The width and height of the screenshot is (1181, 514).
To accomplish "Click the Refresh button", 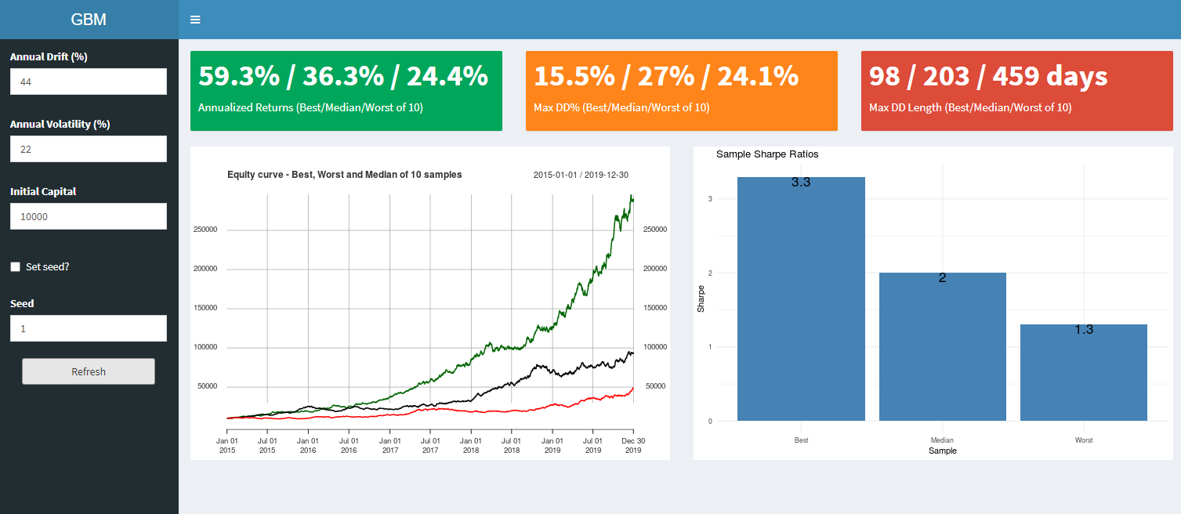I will (x=89, y=371).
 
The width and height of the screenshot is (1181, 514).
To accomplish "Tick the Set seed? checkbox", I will (x=16, y=267).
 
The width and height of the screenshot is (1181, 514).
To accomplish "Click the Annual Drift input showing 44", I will (x=89, y=81).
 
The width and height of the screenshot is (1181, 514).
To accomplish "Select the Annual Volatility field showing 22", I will (x=89, y=149).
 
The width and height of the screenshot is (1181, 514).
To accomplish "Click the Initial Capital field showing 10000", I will (x=89, y=216).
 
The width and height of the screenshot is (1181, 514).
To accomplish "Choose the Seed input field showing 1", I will (x=89, y=328).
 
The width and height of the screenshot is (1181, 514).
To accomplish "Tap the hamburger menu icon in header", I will (x=195, y=20).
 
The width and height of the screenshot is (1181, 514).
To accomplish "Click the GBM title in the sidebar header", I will (x=89, y=20).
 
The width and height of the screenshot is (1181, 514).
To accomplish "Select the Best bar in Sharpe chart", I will (x=801, y=306).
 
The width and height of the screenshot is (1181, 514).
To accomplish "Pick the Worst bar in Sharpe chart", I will (x=1084, y=376).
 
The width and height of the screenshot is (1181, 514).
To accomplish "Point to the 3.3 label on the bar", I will (x=801, y=183).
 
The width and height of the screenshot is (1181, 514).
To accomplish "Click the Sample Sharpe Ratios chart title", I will (x=767, y=154).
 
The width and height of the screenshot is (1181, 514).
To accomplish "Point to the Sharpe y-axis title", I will (x=701, y=299).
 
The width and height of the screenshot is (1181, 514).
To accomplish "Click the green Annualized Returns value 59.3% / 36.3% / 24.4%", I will (x=343, y=76).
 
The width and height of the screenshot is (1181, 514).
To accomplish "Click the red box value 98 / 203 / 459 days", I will (x=988, y=76).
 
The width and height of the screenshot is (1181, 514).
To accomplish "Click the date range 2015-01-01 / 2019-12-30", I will (x=581, y=175).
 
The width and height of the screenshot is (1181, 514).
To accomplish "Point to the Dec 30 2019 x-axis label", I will (x=632, y=445).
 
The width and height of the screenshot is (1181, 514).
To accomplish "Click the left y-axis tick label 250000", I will (x=205, y=230).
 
